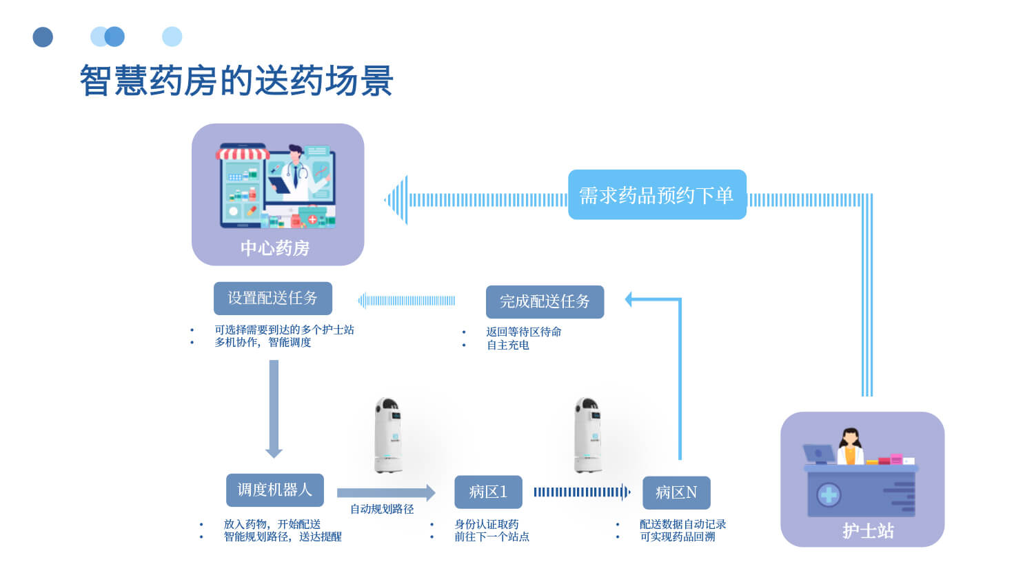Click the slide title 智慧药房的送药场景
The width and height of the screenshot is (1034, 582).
236,81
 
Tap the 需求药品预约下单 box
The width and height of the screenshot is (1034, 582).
656,195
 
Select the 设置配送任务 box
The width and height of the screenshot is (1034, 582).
272,298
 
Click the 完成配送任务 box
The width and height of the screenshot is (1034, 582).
545,301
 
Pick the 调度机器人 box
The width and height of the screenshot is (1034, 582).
274,490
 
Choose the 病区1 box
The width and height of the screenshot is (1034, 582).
488,492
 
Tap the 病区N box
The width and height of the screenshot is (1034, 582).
676,492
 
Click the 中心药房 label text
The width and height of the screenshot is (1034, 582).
275,248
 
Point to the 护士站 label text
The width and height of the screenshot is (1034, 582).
868,530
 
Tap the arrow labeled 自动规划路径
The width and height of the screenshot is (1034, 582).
385,492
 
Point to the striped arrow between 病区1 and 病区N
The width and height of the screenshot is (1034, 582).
582,492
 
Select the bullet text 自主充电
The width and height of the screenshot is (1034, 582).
507,345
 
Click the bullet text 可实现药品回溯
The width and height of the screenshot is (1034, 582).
677,536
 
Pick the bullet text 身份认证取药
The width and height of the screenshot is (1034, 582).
486,524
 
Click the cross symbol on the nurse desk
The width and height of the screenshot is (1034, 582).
828,494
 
